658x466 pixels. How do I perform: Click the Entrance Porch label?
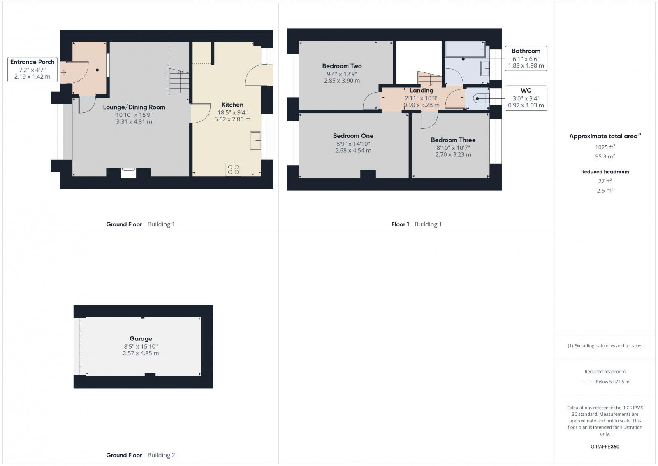pos(32,62)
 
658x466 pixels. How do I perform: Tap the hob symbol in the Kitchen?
pos(233,170)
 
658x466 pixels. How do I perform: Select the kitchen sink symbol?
pos(255,141)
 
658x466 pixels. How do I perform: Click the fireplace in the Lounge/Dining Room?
pos(128,172)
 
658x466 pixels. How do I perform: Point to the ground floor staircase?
pos(179,82)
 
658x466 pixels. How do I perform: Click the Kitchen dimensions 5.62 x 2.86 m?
pos(232,119)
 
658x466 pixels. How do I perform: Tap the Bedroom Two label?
pos(342,66)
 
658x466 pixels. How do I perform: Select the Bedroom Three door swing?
pos(429,120)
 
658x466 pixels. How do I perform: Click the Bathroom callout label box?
pos(526,58)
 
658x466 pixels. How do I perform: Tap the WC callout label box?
pos(526,98)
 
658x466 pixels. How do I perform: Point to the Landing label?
pos(422,90)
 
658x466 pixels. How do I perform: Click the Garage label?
pos(141,338)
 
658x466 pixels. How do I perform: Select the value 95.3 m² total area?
pos(605,156)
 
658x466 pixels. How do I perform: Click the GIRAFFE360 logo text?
pos(605,447)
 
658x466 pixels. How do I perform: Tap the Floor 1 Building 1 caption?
pos(416,224)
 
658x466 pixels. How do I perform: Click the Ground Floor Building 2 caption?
pos(141,455)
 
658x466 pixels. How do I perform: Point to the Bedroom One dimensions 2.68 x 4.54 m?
pos(353,151)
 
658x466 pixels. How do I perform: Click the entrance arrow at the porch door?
pos(63,72)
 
